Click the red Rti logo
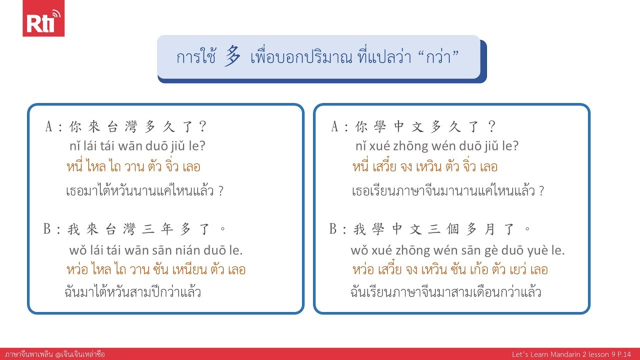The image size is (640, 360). [x=43, y=18]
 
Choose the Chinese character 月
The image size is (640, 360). [x=488, y=229]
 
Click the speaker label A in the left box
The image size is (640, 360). [x=49, y=127]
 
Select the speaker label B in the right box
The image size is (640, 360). [x=334, y=229]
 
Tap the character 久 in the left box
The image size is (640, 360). [x=169, y=127]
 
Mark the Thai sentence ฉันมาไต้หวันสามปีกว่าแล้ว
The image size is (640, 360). [x=133, y=291]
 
